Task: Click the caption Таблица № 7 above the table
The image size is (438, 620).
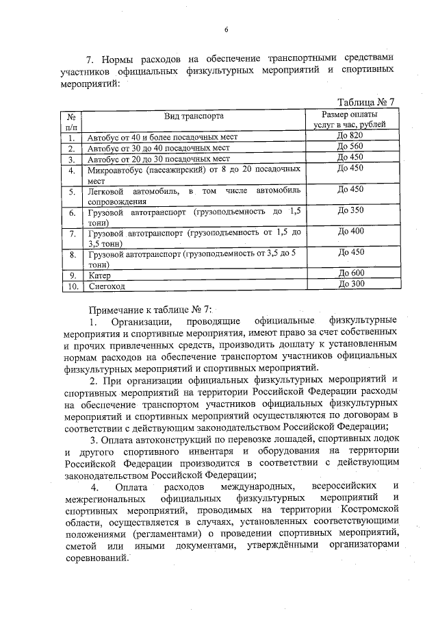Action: point(361,102)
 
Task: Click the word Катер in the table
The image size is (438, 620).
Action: point(100,275)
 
